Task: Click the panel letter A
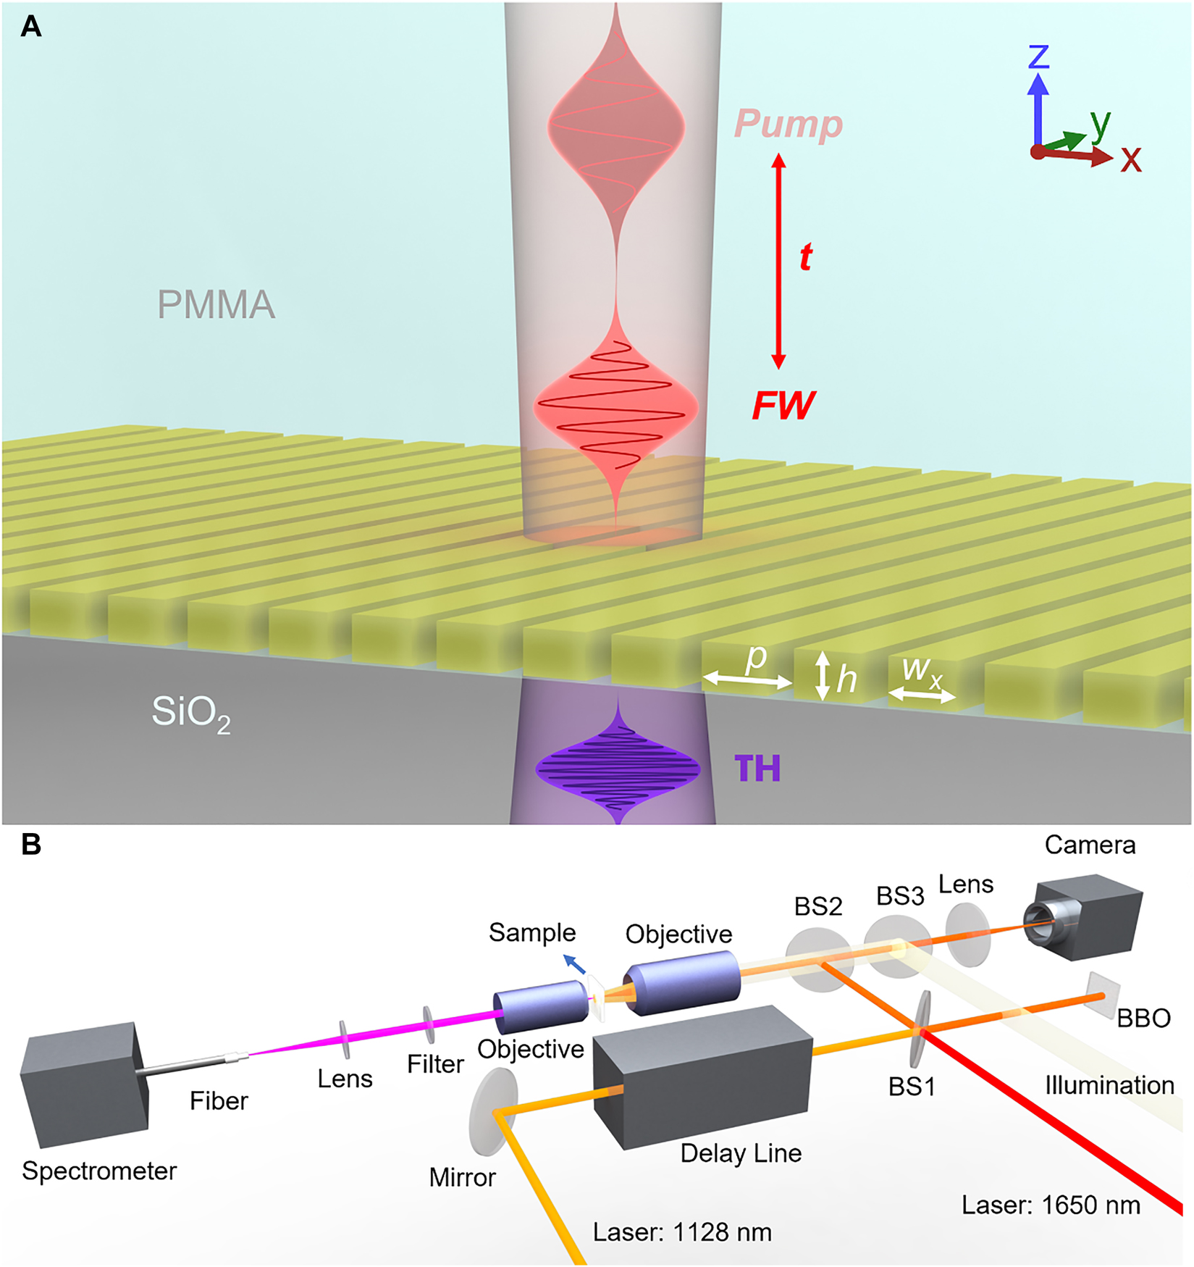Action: click(x=31, y=27)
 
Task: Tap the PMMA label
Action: click(x=216, y=305)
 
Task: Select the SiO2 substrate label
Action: click(x=190, y=714)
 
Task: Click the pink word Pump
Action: click(x=788, y=125)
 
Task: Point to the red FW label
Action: click(x=783, y=406)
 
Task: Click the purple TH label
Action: click(x=757, y=769)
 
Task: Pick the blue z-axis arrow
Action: click(x=1038, y=109)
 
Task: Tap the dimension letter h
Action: click(x=846, y=680)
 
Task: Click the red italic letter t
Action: click(x=805, y=257)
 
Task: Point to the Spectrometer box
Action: click(x=83, y=1084)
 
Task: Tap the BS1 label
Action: click(x=912, y=1087)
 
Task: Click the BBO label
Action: click(x=1143, y=1019)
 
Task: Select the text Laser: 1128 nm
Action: click(x=681, y=1232)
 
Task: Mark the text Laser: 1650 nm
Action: click(x=1050, y=1205)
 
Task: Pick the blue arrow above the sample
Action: click(x=575, y=964)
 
